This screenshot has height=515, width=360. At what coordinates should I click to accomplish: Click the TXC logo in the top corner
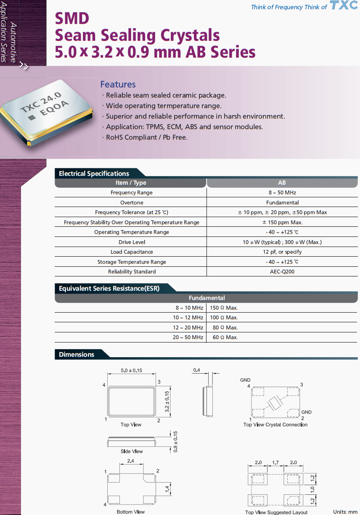(344, 6)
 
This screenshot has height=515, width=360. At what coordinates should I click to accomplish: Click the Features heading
(118, 84)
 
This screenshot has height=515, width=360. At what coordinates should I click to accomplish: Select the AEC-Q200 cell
(282, 271)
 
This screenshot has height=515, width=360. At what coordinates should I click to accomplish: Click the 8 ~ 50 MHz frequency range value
(282, 192)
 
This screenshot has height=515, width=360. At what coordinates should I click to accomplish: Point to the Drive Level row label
(132, 242)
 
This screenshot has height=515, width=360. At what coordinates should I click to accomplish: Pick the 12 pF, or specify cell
(282, 252)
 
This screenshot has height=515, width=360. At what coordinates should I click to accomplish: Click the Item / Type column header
(131, 183)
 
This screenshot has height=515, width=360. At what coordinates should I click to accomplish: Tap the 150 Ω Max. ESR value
(224, 308)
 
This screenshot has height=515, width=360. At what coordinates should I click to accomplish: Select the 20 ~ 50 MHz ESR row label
(188, 337)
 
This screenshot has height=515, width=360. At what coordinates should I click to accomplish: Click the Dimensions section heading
(77, 354)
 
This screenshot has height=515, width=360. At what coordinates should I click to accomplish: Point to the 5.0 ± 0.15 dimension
(131, 370)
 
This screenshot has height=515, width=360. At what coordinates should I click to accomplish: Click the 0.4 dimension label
(196, 370)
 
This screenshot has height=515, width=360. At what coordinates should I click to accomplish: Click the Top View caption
(131, 425)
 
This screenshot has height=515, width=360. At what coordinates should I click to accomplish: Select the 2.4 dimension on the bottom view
(130, 461)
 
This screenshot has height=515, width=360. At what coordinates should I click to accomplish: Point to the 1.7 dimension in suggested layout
(275, 462)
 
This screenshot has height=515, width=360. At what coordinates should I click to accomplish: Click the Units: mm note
(345, 512)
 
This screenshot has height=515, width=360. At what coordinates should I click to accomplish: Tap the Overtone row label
(132, 202)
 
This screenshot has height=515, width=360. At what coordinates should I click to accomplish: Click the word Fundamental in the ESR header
(206, 298)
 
